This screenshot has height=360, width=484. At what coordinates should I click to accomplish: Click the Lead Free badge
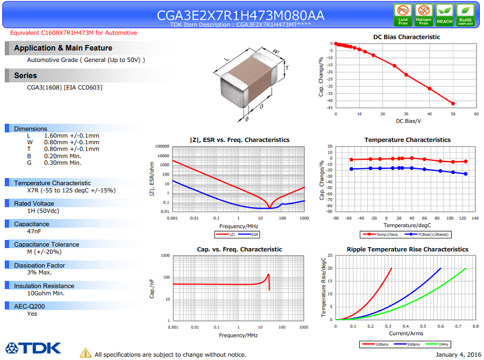(403, 15)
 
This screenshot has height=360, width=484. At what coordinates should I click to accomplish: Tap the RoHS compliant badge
(465, 15)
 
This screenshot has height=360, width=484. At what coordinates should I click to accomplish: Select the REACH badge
(444, 15)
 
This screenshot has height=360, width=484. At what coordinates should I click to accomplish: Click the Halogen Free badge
(424, 15)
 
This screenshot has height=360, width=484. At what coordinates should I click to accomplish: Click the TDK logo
(33, 348)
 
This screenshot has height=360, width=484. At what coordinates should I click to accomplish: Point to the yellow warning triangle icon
(86, 353)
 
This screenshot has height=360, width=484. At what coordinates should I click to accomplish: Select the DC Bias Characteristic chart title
(407, 37)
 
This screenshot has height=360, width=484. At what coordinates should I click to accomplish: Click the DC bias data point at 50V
(453, 103)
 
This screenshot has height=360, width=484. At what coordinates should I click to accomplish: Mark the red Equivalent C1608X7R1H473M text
(74, 33)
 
